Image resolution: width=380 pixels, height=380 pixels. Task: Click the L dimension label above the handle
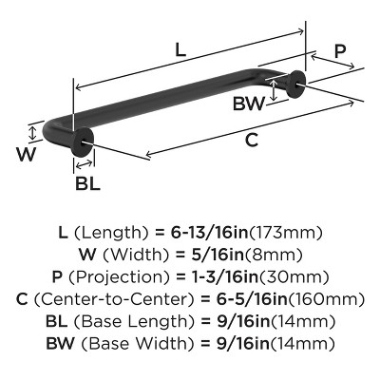(x=180, y=49)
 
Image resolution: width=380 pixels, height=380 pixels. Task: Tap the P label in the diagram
(x=339, y=51)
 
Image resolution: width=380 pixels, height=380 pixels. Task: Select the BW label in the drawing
(x=249, y=104)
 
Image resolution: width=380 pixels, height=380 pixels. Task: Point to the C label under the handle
(x=252, y=140)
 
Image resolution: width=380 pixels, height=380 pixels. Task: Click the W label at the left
(x=27, y=155)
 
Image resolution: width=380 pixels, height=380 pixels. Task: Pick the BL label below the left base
(x=87, y=183)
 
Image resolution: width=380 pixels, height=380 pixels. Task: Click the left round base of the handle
(x=83, y=142)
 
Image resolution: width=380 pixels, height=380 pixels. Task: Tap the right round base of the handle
(x=296, y=85)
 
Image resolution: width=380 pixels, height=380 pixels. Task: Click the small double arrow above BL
(x=85, y=164)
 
